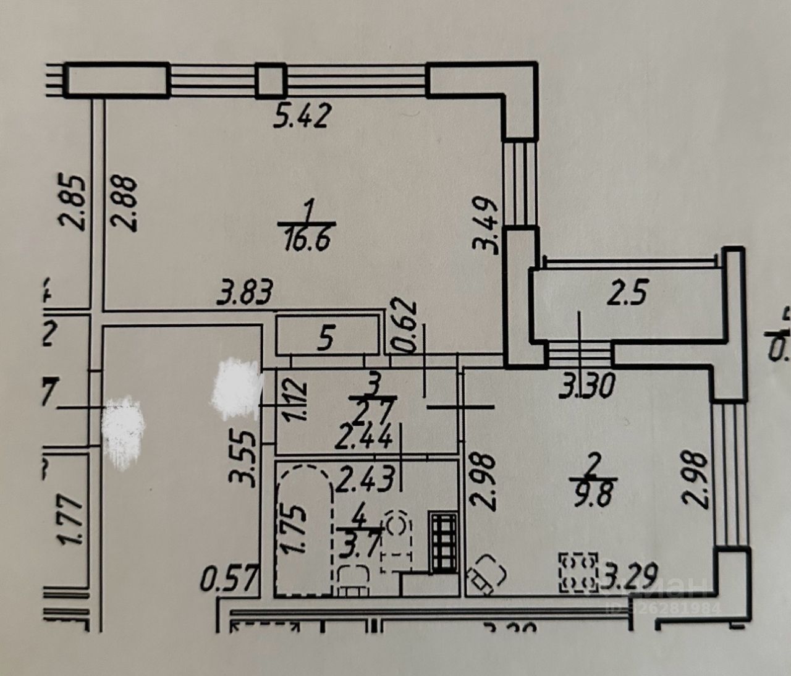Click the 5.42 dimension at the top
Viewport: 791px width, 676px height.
point(303,115)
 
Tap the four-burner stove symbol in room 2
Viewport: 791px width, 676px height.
point(579,572)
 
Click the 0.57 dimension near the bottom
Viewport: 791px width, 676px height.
point(228,580)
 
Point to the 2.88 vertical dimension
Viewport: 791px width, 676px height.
point(126,203)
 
